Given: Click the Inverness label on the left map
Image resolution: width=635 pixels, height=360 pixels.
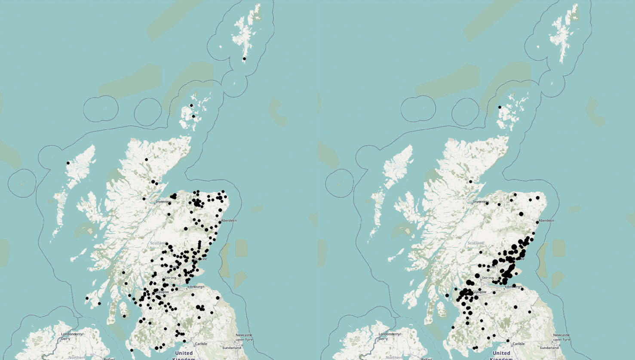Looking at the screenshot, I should point(163,202).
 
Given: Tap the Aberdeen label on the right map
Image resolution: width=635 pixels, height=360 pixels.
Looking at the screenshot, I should point(546,221).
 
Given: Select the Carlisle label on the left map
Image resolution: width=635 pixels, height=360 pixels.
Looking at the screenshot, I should point(201,344).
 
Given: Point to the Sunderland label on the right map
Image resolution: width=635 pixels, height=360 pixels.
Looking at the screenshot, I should point(549,348).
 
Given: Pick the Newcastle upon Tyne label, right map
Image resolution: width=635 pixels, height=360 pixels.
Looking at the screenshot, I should point(561,337).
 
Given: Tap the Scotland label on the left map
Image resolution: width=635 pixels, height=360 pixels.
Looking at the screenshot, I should point(158,243).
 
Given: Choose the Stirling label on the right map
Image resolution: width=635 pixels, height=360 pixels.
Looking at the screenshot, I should point(488,278).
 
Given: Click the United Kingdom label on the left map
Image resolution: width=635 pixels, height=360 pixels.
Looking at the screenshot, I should point(184,355).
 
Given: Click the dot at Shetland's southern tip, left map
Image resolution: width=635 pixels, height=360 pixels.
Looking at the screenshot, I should point(244,58).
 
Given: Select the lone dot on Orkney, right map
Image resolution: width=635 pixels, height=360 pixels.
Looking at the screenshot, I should point(500,107).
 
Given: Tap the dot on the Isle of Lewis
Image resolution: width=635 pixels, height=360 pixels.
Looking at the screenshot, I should point(68,163).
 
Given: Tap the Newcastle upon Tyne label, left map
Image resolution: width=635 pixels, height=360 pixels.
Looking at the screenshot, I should point(244,337).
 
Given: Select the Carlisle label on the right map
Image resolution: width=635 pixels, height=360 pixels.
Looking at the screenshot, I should point(518,344).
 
